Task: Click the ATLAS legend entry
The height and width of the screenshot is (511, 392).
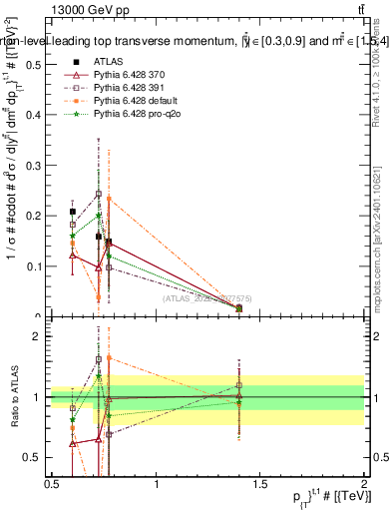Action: tap(105, 62)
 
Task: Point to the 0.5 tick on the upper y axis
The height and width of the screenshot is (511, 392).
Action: tap(35, 64)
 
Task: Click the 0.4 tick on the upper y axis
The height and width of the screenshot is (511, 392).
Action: tap(35, 115)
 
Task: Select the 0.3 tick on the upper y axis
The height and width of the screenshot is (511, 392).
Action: tap(35, 166)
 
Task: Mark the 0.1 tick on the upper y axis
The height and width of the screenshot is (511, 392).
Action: tap(35, 266)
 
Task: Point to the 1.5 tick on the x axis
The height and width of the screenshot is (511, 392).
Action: tap(260, 484)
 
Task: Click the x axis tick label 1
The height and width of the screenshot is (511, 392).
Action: tap(157, 484)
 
